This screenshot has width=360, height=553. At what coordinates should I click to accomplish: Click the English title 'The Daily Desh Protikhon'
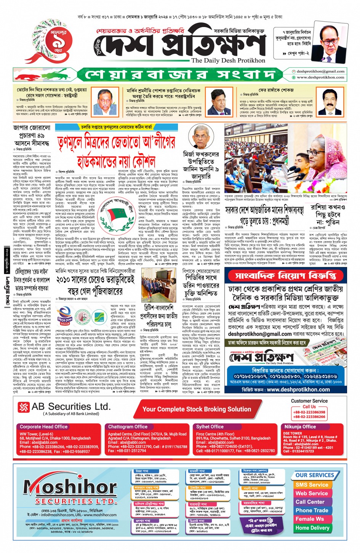click(228, 61)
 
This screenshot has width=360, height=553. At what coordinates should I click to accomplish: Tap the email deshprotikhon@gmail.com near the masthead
click(320, 71)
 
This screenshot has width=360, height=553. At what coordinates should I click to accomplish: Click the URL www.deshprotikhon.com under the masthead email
click(320, 77)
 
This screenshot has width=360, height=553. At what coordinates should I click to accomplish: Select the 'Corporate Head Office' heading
click(43, 427)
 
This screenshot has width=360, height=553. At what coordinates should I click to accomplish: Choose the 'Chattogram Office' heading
click(128, 427)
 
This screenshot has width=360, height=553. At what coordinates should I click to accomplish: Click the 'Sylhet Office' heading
click(210, 427)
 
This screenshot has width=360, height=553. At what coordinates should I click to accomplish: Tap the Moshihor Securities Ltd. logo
click(70, 491)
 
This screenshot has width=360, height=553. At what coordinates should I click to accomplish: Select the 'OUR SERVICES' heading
click(315, 475)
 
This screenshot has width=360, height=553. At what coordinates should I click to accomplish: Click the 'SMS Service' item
click(312, 485)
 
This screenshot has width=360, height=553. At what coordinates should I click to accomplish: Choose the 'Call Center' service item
click(310, 502)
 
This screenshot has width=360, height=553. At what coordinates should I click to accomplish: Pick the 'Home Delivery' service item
click(312, 528)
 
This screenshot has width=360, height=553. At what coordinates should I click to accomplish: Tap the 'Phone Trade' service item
click(312, 510)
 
